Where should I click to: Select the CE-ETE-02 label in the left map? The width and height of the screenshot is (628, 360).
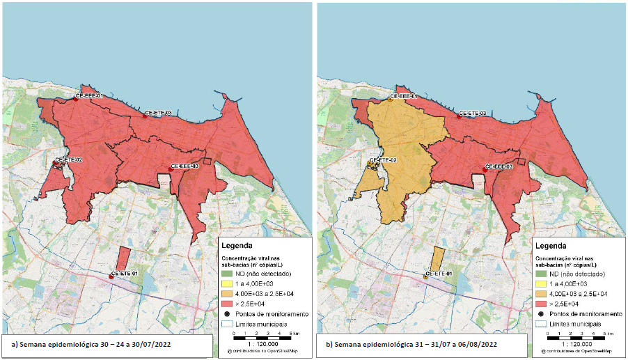[69, 160]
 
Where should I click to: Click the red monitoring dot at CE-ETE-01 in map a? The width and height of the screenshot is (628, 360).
[111, 277]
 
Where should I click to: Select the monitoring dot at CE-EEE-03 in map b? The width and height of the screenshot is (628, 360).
[485, 169]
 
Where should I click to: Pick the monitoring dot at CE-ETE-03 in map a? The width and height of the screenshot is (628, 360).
[145, 116]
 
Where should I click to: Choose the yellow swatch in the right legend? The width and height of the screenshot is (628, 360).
[542, 285]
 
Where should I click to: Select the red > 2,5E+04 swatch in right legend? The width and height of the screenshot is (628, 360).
[542, 304]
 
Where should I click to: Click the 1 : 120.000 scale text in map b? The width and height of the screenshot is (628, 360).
[574, 344]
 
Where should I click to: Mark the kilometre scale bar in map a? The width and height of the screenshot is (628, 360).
[259, 336]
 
